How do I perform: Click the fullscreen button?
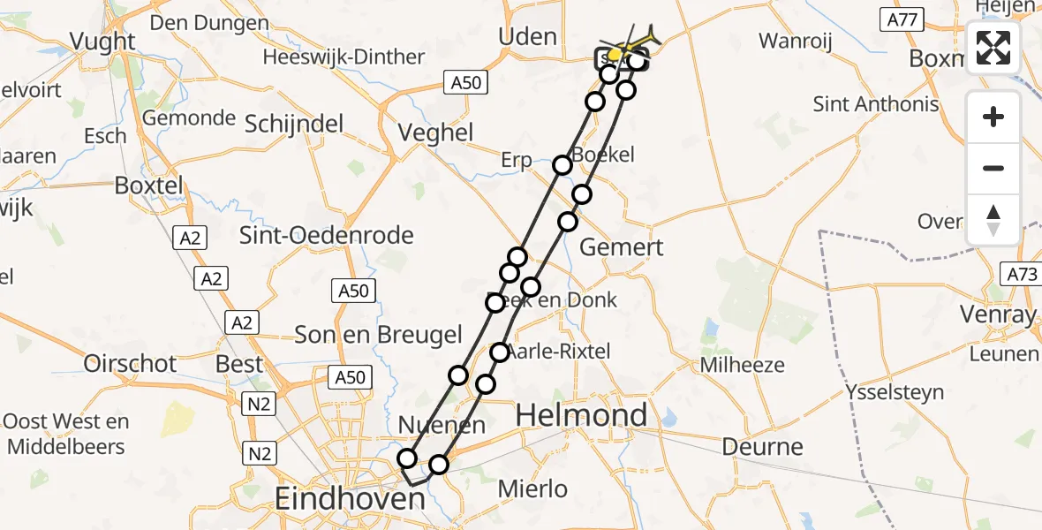point(993,48)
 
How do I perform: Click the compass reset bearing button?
point(993,219)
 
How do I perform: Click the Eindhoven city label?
point(350,498)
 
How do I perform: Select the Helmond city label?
point(581,414)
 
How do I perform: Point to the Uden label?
point(527,37)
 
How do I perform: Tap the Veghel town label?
point(436,133)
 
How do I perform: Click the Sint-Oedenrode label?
point(327,236)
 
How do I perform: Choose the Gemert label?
point(622,247)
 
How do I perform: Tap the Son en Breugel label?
point(378,335)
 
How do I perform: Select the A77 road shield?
point(900,19)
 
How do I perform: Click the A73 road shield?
point(1022,275)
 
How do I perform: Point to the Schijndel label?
point(294,125)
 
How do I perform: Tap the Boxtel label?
point(148,186)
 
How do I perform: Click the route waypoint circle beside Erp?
point(563,165)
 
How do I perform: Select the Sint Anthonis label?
point(876,105)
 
